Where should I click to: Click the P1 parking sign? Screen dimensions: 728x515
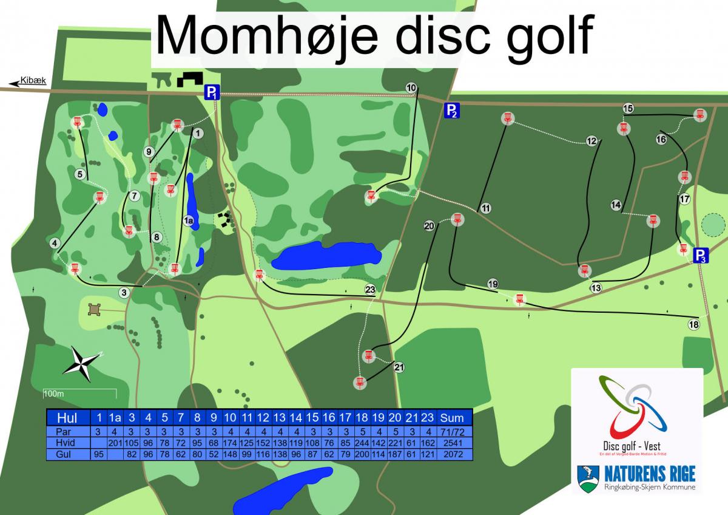[x=211, y=92]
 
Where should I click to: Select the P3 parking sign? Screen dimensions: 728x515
[x=701, y=256]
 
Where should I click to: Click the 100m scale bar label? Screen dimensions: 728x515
[x=53, y=394]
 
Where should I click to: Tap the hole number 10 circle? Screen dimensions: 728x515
[x=411, y=88]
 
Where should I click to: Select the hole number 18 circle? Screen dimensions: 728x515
[x=694, y=325]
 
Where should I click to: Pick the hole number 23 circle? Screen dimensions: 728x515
[x=371, y=290]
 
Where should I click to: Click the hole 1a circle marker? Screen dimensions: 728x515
[x=189, y=220]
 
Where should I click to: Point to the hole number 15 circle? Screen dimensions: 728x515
[x=628, y=109]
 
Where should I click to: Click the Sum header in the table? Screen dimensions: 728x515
[x=452, y=417]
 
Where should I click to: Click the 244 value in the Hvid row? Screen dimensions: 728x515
[x=362, y=443]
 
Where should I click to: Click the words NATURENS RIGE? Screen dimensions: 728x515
[x=649, y=474]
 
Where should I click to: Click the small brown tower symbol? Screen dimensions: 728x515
[x=95, y=310]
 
